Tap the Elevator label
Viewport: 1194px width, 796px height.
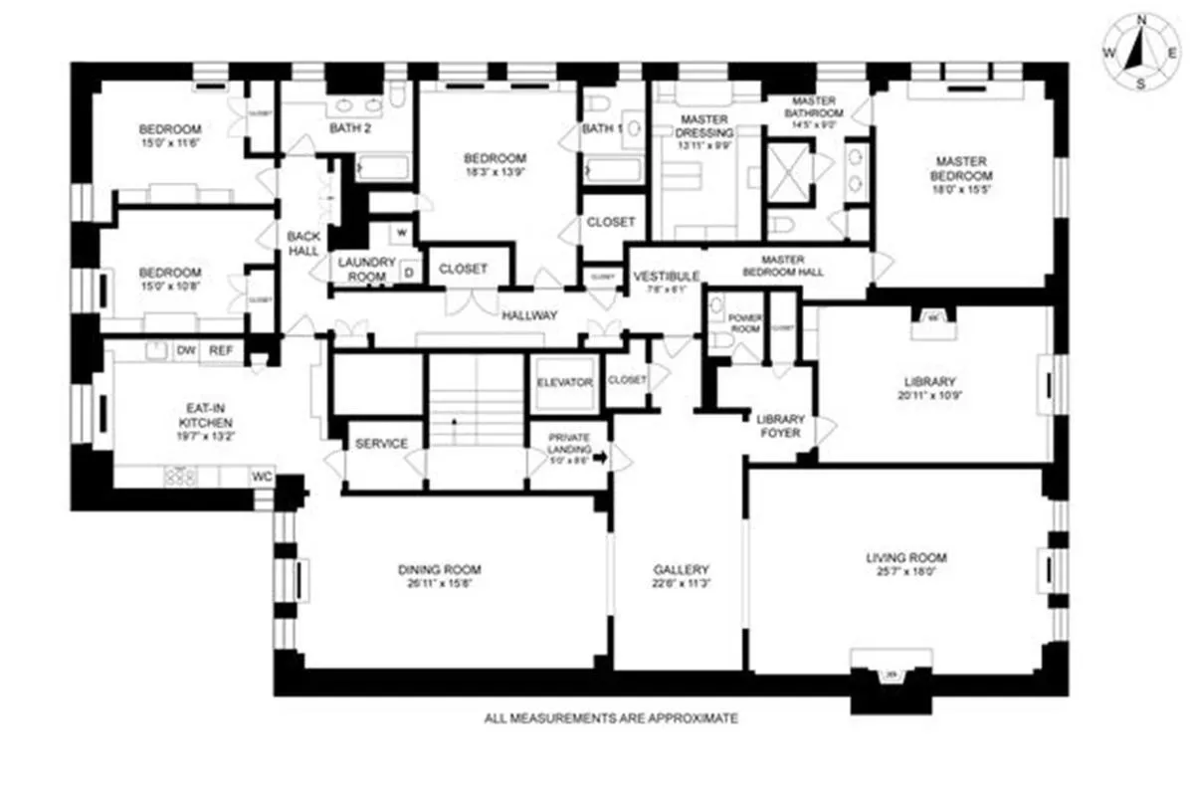click(564, 383)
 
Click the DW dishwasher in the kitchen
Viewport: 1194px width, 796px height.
click(186, 350)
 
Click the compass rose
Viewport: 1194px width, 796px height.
click(1140, 52)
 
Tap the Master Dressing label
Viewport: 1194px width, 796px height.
click(704, 126)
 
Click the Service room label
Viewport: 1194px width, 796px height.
click(381, 444)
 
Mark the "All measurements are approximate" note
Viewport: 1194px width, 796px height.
click(611, 717)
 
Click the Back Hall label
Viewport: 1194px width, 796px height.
click(303, 244)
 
